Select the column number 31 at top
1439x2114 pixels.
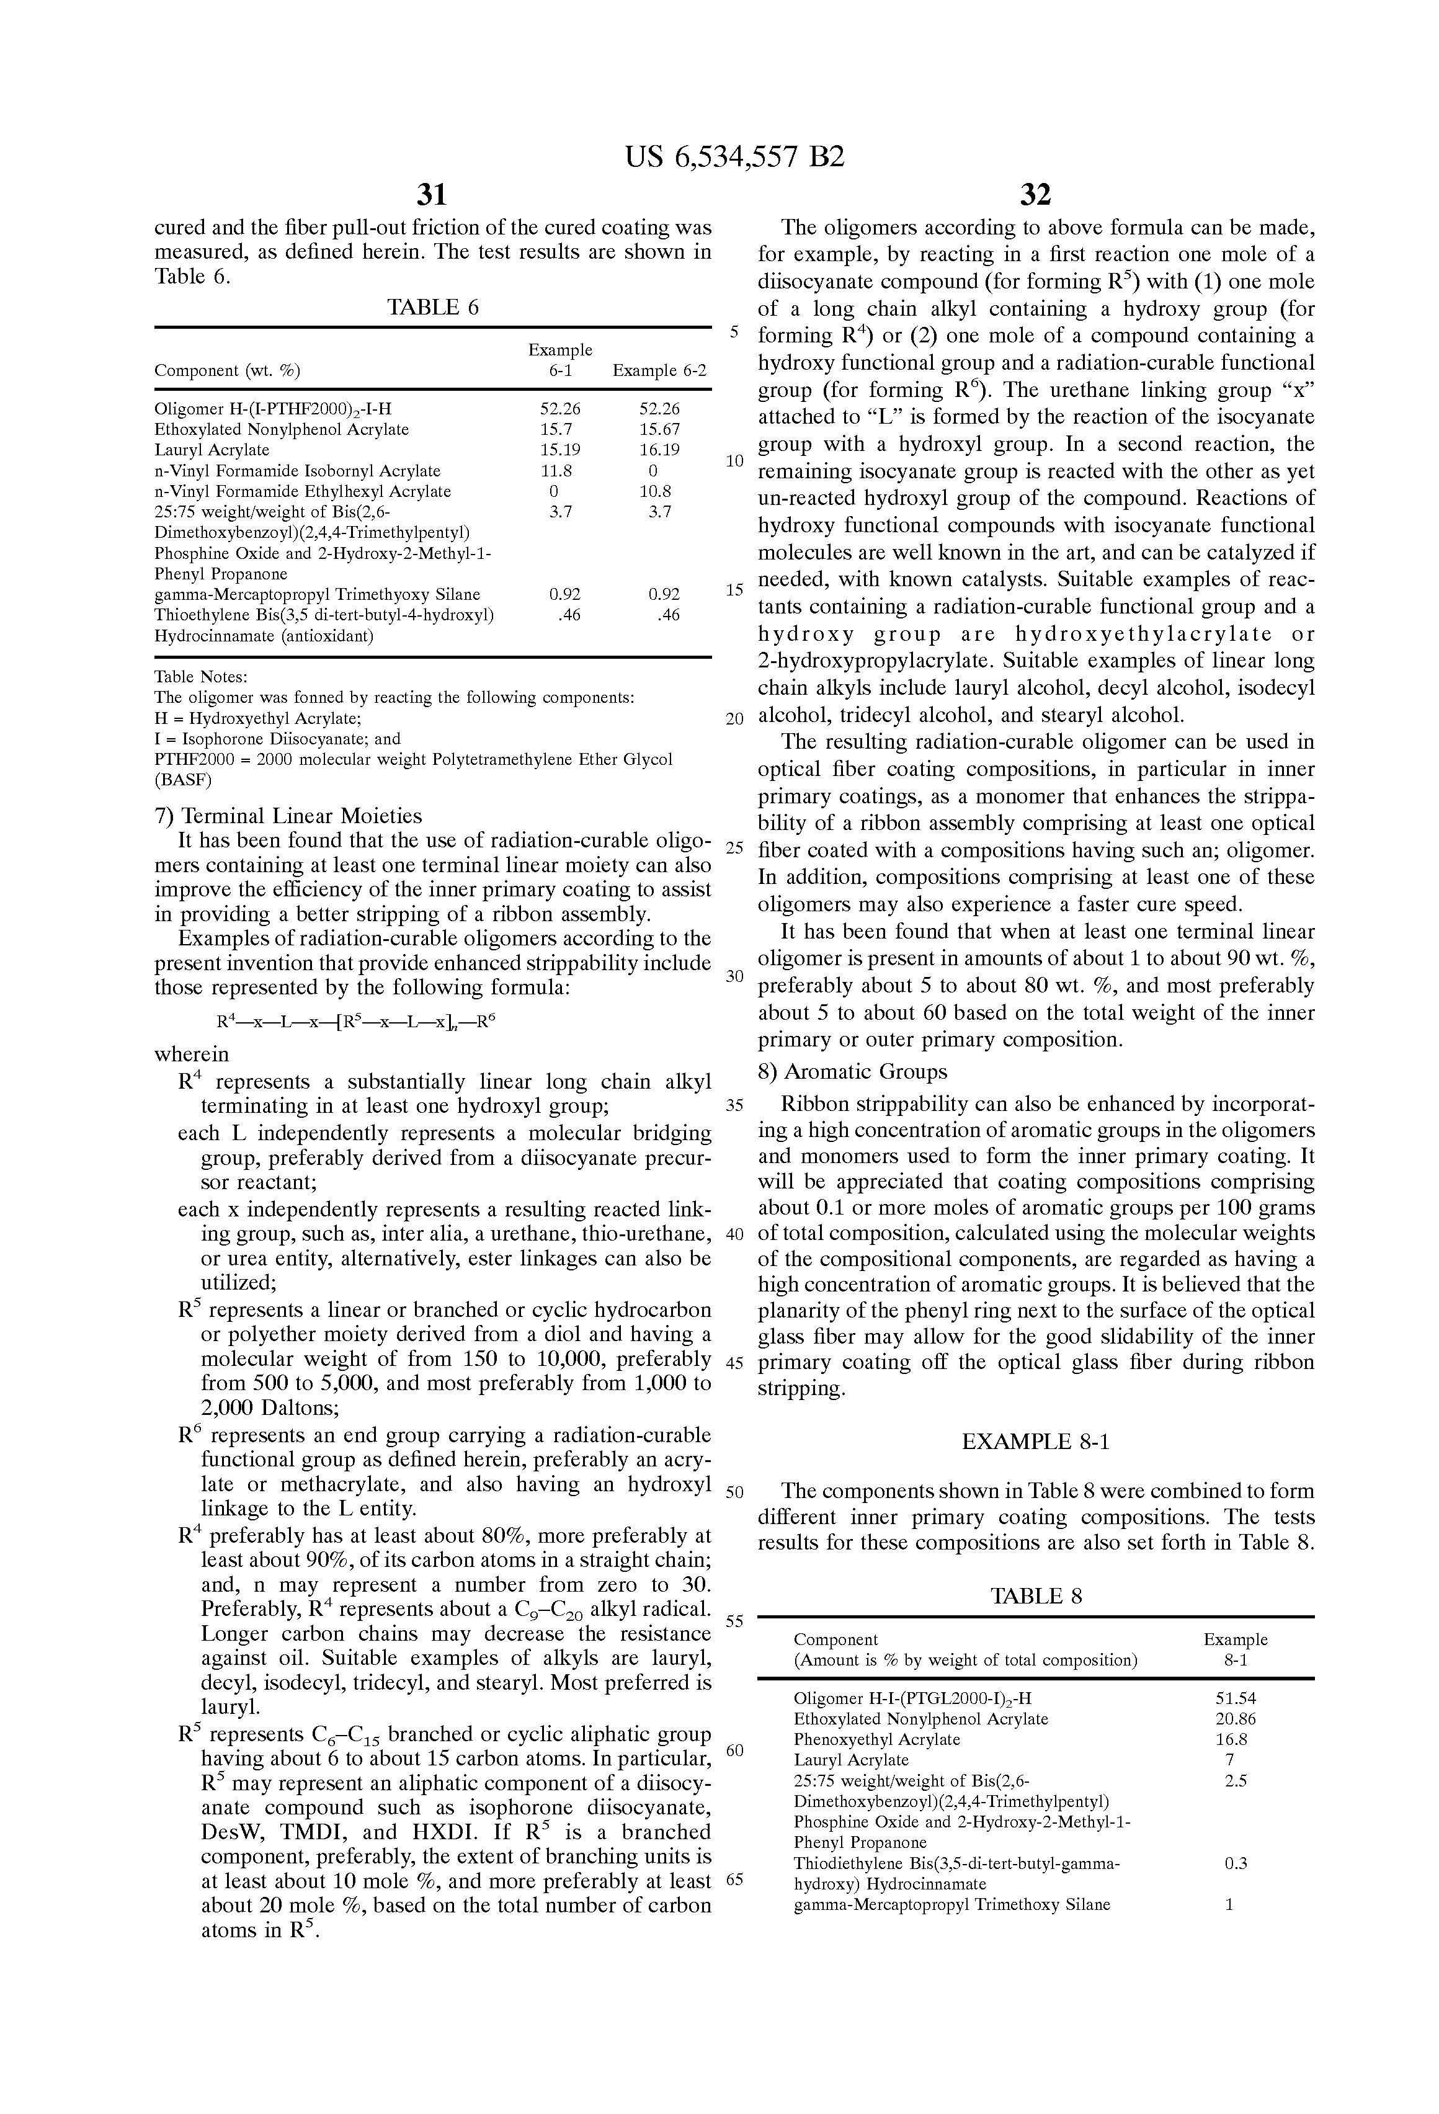click(432, 195)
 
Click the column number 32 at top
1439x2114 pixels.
click(1035, 195)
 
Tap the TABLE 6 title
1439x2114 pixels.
click(432, 308)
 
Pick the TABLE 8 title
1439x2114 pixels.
click(1036, 1597)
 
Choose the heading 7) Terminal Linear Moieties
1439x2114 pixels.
click(288, 815)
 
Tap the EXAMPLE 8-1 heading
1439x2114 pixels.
click(1035, 1441)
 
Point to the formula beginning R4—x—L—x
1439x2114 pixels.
click(355, 1022)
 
